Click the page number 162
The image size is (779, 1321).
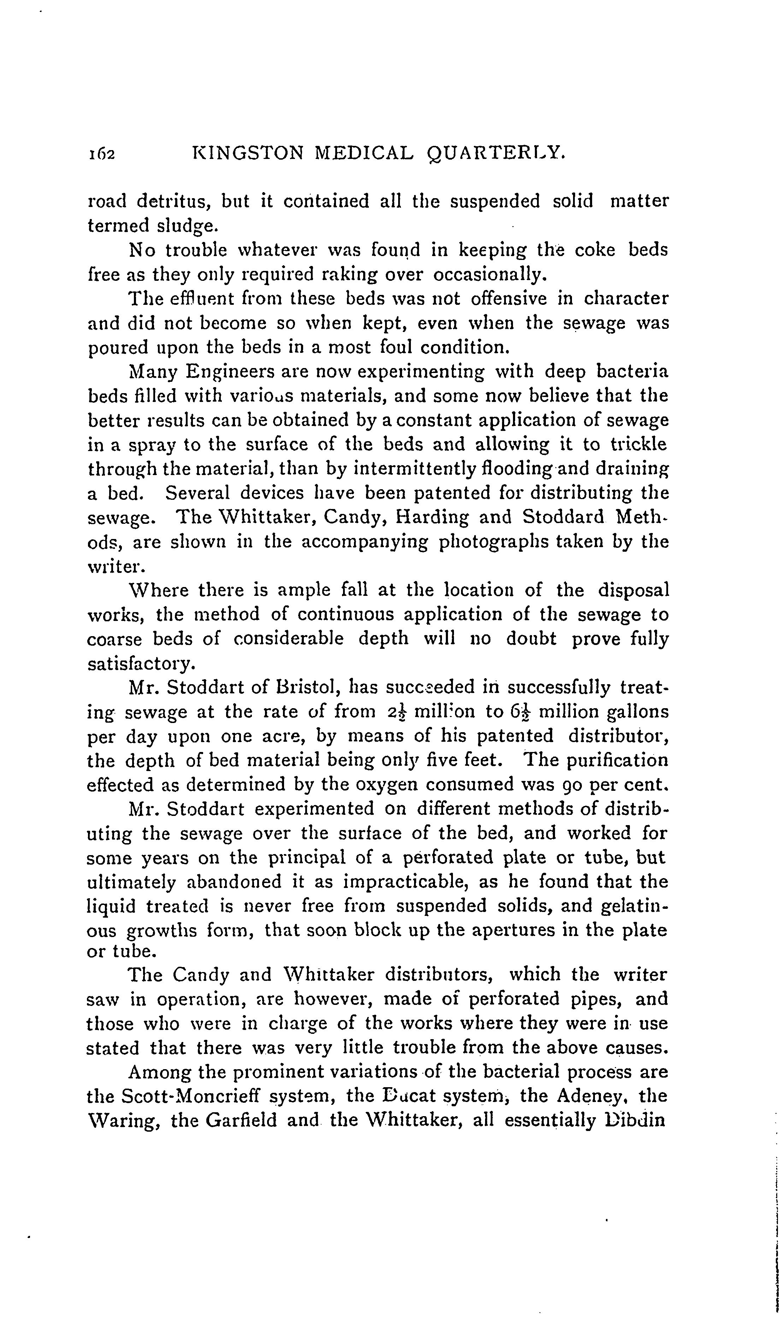[x=101, y=153]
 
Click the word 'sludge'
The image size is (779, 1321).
[x=186, y=226]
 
